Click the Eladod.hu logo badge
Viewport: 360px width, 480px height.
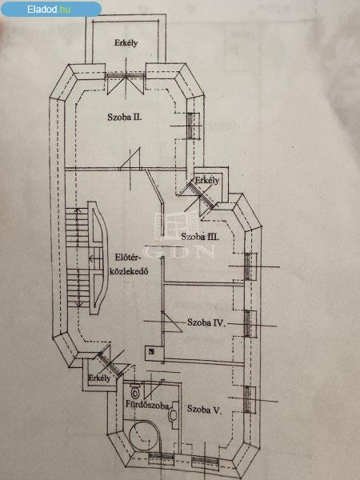pos(51,9)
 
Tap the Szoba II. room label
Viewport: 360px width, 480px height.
pos(125,117)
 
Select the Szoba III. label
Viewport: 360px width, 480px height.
pos(200,237)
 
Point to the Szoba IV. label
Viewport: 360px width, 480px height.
pos(206,322)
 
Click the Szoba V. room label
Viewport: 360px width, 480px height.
pos(204,410)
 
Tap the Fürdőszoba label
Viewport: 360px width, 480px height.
pos(147,405)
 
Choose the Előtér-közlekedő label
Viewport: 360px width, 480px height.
pos(129,265)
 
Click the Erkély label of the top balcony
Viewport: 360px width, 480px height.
pos(126,42)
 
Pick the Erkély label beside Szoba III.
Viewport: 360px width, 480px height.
pos(207,180)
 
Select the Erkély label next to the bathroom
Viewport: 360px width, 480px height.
pos(99,378)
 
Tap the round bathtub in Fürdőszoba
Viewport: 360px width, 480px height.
pos(144,435)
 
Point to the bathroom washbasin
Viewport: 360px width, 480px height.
pos(174,415)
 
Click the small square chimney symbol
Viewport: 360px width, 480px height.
pos(151,351)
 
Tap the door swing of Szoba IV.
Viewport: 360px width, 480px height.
pos(172,322)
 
